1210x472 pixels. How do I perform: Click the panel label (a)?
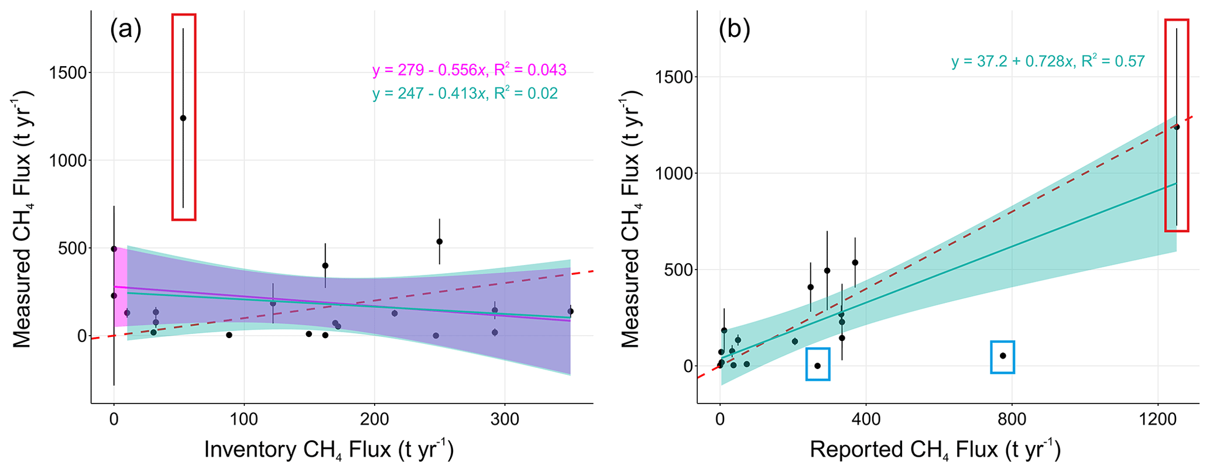(125, 30)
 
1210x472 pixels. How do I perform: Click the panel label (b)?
(734, 30)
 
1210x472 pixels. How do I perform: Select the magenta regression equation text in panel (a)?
(469, 70)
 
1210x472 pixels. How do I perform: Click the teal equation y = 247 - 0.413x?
(465, 94)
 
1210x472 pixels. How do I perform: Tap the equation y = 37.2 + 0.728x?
(1048, 61)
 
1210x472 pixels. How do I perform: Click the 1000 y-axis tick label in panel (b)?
(673, 174)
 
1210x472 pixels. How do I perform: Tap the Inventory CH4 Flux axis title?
(329, 450)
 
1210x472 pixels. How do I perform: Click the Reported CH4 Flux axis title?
(935, 450)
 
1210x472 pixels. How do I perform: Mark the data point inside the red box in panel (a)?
(183, 118)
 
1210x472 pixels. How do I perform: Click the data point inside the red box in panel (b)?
(1177, 127)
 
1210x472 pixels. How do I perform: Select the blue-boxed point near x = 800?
(1003, 356)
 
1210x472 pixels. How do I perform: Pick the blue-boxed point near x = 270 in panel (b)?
(818, 366)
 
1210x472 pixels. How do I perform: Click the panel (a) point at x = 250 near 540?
(439, 242)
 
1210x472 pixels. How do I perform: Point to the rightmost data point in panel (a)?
(570, 311)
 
